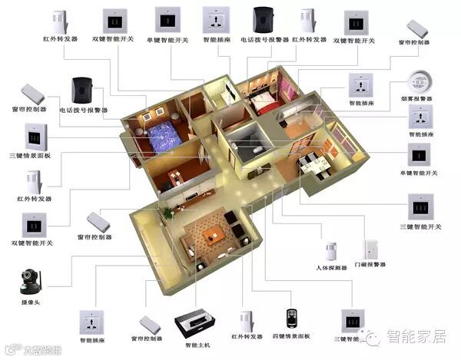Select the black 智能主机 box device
tap(195, 322)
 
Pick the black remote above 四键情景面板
tap(290, 317)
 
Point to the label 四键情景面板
tap(292, 337)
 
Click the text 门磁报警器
tap(373, 268)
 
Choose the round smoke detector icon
tap(419, 81)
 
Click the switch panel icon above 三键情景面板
tap(36, 137)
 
